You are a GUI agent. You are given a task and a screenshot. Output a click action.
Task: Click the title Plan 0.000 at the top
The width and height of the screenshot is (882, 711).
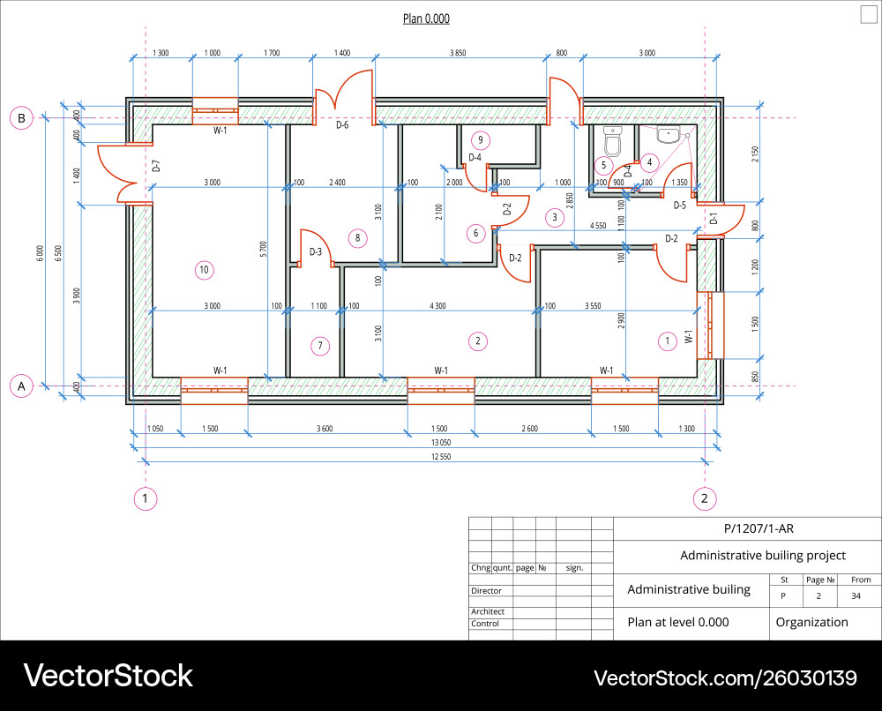tap(426, 19)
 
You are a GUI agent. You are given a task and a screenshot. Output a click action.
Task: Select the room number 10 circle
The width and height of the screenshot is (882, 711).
tap(204, 269)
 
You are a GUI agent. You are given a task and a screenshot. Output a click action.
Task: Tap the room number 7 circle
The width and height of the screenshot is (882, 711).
tap(320, 346)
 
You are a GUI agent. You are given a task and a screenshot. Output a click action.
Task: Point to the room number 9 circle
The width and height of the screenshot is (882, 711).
tap(480, 139)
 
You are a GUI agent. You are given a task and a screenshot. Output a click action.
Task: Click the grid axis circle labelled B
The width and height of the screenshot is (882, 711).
tap(20, 118)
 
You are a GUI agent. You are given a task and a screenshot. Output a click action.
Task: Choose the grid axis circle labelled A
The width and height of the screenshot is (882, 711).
tap(20, 385)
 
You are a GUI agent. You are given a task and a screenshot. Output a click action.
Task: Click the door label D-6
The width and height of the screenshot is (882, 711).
tap(342, 125)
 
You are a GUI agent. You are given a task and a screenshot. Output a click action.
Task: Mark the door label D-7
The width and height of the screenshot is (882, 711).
tap(156, 166)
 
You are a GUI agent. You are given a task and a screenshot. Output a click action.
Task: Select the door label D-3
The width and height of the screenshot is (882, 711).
tap(315, 252)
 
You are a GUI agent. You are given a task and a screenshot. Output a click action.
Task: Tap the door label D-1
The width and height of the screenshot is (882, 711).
tap(714, 219)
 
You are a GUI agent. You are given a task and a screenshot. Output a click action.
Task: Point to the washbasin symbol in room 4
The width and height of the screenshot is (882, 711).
tap(669, 136)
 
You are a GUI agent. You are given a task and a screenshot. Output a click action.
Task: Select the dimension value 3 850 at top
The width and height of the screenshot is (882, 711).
tap(457, 54)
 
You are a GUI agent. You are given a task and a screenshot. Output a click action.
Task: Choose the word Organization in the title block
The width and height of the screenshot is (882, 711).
tap(811, 622)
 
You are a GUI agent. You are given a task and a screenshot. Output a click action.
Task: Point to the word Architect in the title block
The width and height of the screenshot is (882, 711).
tap(488, 611)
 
